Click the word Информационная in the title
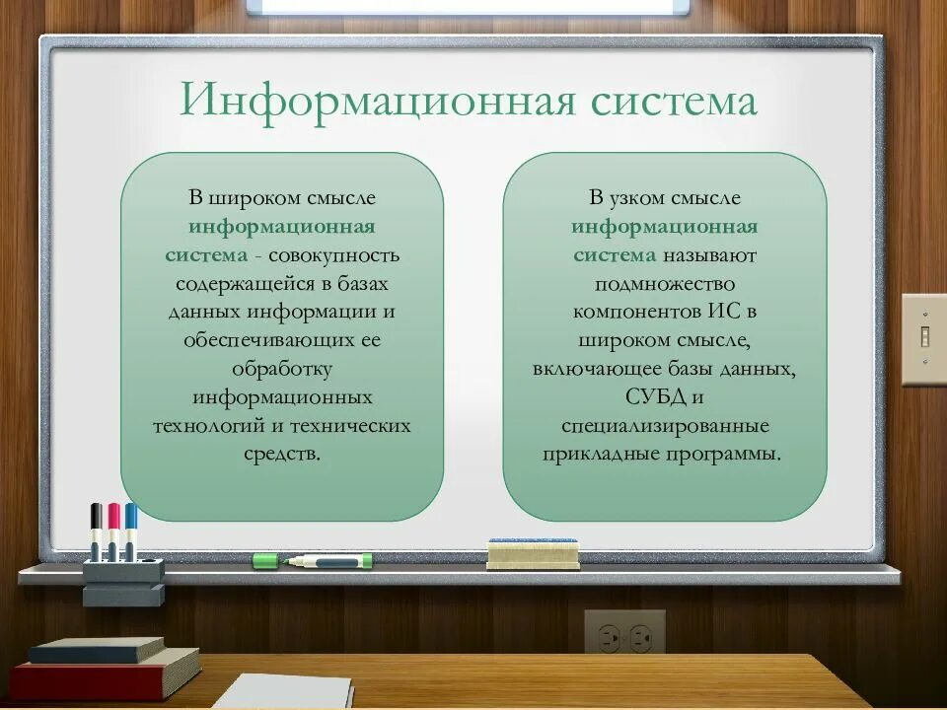click(376, 102)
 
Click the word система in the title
click(672, 102)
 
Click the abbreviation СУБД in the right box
click(649, 397)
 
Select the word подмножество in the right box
click(664, 284)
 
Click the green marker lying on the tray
click(312, 560)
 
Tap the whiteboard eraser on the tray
click(533, 554)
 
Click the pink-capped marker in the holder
click(113, 532)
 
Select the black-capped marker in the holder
click(96, 532)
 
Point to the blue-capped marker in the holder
click(130, 532)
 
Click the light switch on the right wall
click(924, 338)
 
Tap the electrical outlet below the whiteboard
click(625, 633)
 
